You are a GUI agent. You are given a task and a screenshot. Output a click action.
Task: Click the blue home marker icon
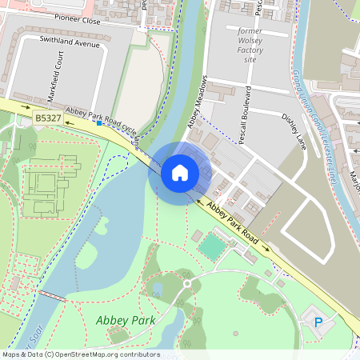pyautogui.click(x=180, y=172)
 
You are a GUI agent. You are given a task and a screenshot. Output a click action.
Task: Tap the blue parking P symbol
pyautogui.click(x=318, y=322)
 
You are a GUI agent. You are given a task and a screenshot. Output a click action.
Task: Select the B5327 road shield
pyautogui.click(x=48, y=118)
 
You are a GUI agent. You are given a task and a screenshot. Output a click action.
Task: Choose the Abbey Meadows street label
pyautogui.click(x=196, y=102)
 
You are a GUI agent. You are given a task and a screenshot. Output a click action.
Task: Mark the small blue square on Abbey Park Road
pyautogui.click(x=98, y=123)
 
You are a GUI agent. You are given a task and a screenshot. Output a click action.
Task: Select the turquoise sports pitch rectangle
pyautogui.click(x=212, y=247)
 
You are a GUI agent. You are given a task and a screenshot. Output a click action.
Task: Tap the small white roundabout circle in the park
pyautogui.click(x=186, y=283)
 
